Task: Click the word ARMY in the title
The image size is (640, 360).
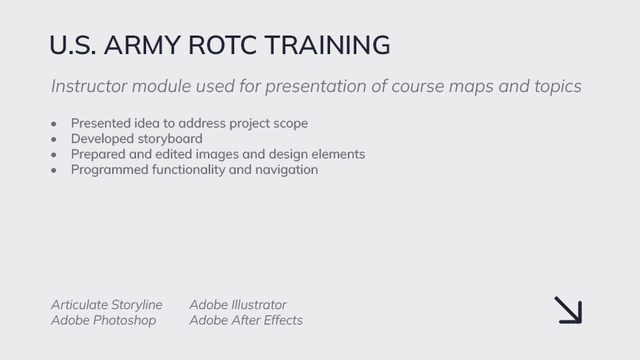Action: (x=142, y=45)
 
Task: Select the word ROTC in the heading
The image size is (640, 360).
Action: (x=223, y=45)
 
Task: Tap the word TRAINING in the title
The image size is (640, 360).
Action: (x=328, y=45)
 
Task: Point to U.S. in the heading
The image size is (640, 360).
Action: (x=73, y=45)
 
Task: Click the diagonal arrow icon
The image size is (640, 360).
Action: (x=568, y=311)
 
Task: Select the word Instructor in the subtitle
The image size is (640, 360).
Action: (x=89, y=86)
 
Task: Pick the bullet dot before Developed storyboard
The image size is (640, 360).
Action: (x=54, y=139)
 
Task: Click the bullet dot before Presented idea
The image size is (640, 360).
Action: (x=54, y=124)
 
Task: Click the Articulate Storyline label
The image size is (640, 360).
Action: (x=107, y=305)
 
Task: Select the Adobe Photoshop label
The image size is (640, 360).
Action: (x=104, y=321)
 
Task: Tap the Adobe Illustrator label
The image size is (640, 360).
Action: (x=238, y=304)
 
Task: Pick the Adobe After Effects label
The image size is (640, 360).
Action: (x=246, y=320)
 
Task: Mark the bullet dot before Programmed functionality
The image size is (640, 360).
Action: (x=54, y=170)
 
